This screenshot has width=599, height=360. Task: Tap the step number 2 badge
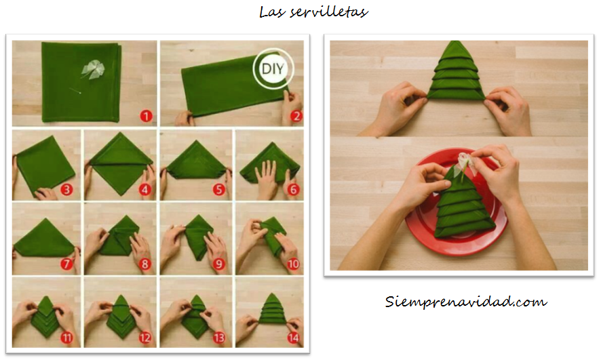295,116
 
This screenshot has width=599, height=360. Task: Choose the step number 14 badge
294,337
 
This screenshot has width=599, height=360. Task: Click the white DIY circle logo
269,68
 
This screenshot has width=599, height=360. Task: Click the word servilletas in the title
332,12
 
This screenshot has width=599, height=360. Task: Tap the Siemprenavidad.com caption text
465,301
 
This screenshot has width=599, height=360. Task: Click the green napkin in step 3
45,163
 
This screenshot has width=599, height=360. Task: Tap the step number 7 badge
67,264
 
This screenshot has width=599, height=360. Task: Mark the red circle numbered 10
294,264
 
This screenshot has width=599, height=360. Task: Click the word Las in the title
271,12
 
